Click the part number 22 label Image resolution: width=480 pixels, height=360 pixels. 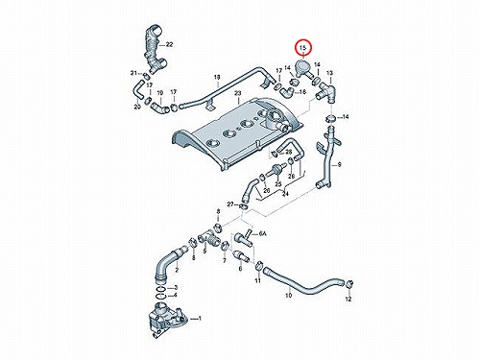[169, 44]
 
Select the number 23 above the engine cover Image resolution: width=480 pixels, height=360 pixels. [237, 93]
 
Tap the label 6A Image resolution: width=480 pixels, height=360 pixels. [263, 234]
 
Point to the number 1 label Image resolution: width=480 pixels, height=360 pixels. [200, 319]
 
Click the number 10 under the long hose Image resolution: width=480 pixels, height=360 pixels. [288, 296]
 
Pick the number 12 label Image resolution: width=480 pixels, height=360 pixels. [348, 299]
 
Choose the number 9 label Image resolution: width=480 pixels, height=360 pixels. [339, 165]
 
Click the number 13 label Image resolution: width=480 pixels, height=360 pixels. [329, 73]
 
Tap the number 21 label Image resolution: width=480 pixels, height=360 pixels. [133, 73]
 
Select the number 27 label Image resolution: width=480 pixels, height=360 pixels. [230, 204]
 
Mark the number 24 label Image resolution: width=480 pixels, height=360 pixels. [285, 194]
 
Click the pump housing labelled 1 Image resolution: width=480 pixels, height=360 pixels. [166, 320]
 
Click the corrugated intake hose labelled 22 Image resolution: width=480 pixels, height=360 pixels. [155, 50]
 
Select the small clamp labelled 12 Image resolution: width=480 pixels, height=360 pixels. [349, 283]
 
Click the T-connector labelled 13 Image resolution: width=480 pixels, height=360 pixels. [326, 92]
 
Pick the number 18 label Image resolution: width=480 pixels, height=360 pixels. [217, 77]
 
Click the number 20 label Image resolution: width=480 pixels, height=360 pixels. [137, 107]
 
